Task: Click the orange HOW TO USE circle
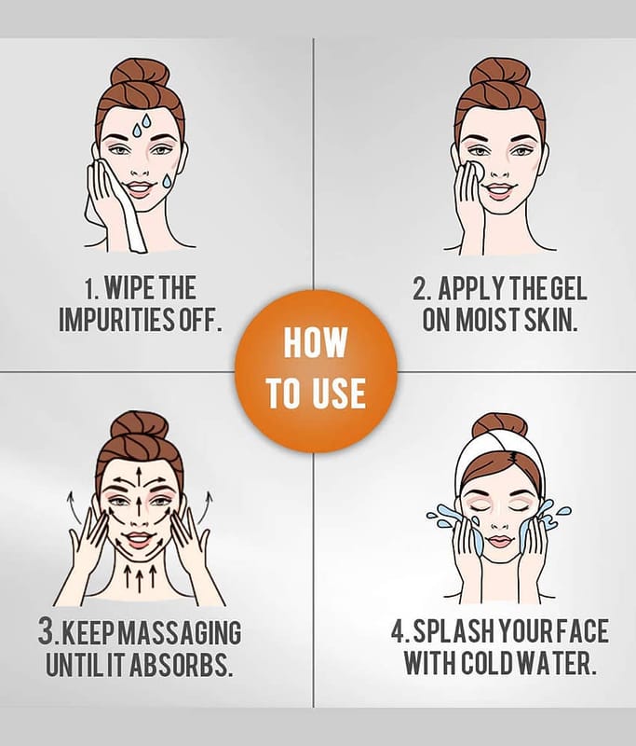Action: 316,371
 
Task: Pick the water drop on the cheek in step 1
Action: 168,181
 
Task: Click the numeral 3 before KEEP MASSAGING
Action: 46,631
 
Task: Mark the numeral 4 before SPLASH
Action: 398,631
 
